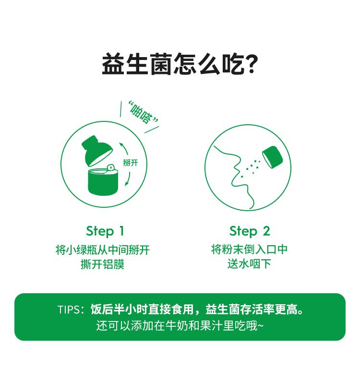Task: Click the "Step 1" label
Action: [105, 231]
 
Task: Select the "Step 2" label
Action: [250, 231]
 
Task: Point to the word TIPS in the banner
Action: [69, 310]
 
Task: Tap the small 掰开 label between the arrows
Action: [131, 163]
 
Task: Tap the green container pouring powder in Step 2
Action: [273, 157]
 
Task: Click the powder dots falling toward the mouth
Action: [251, 168]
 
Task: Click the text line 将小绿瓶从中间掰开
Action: [103, 250]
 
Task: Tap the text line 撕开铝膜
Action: [103, 264]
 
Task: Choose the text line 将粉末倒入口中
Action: [250, 250]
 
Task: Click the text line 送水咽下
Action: [250, 264]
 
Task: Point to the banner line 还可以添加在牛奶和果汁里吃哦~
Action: [180, 326]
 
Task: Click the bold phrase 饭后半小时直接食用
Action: [142, 310]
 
